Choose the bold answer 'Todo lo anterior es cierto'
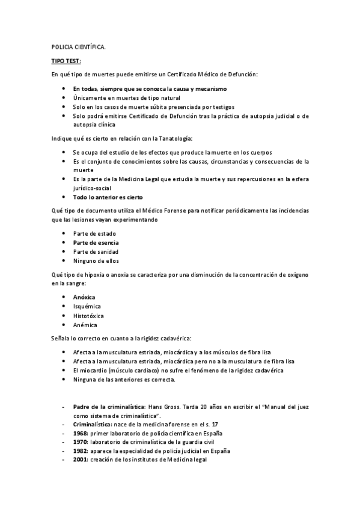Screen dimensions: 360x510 (108, 197)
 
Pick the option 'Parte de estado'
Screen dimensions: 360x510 (95, 233)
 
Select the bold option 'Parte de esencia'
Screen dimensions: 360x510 (96, 242)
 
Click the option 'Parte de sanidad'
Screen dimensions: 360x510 (96, 251)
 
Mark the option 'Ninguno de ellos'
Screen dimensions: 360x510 (96, 261)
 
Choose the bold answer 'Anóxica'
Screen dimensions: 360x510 (84, 297)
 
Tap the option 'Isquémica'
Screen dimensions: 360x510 (87, 306)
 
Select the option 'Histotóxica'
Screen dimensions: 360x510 (88, 315)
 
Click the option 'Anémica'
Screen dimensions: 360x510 (85, 325)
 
